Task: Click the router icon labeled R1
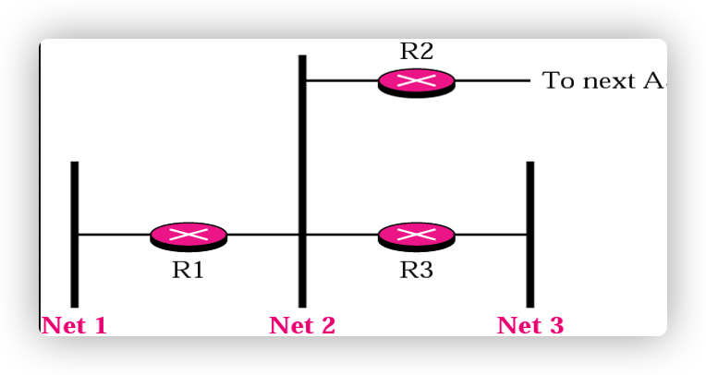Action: [x=189, y=236]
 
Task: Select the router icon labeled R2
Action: [x=416, y=82]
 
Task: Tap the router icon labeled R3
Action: [x=416, y=236]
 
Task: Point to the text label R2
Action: [x=416, y=51]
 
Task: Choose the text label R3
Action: [x=416, y=270]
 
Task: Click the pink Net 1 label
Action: [x=74, y=325]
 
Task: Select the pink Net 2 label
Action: [x=302, y=325]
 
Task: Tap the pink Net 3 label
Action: [x=529, y=325]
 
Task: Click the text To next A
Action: [x=602, y=81]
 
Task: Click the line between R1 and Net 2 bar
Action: [x=263, y=235]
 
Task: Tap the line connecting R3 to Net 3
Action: [x=491, y=235]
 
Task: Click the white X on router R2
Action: [x=416, y=79]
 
